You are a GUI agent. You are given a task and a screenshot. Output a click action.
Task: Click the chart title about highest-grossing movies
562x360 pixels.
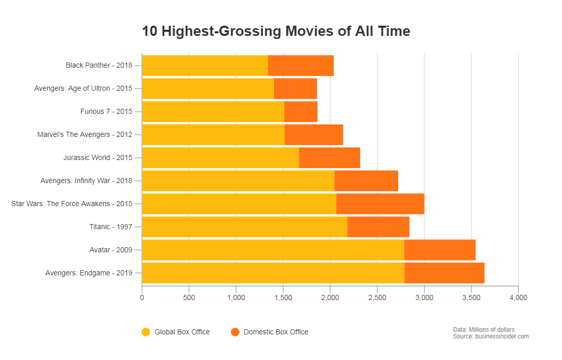pos(276,31)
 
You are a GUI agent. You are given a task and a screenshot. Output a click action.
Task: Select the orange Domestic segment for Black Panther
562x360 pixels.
pos(301,66)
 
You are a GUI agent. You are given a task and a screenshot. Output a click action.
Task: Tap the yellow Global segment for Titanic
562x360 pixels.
pos(244,227)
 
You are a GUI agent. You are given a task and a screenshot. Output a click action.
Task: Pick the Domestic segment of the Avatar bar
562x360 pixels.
pos(440,250)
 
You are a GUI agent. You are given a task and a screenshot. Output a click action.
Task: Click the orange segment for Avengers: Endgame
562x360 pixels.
pos(444,273)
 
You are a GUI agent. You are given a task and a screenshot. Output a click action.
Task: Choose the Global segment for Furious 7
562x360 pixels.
pos(213,112)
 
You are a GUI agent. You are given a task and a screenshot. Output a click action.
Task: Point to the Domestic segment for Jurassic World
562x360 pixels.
pos(330,157)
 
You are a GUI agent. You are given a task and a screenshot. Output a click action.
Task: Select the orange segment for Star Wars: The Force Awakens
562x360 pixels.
pos(380,204)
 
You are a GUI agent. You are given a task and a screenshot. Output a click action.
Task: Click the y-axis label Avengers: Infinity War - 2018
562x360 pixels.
pos(86,181)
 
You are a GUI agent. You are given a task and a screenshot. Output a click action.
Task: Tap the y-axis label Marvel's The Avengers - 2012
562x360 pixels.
pos(85,134)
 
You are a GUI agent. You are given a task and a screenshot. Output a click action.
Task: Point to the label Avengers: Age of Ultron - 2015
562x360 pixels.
pos(83,88)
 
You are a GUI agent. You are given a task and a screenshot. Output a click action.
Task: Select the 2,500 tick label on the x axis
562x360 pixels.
pos(377,297)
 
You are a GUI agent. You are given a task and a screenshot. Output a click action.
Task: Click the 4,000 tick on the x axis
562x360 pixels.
pos(518,297)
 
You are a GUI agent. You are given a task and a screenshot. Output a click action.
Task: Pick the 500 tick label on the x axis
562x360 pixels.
pos(189,297)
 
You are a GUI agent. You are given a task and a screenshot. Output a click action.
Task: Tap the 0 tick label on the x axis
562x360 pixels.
pos(142,297)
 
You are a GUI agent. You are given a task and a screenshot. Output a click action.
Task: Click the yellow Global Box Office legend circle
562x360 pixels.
pos(146,332)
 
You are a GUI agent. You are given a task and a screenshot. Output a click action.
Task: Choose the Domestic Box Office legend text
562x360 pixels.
pos(276,332)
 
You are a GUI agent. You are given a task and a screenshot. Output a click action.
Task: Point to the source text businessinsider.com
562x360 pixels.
pos(491,336)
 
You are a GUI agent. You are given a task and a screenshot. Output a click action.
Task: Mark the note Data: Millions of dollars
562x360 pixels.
pos(483,329)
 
